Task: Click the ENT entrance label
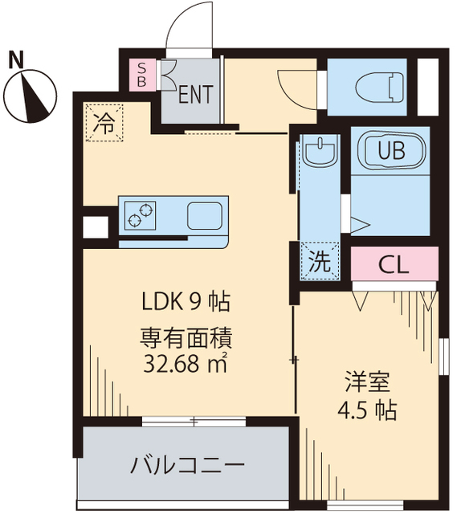(195, 94)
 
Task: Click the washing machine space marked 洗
(318, 260)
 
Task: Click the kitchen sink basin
(206, 215)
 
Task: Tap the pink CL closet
(395, 263)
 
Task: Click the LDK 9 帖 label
(186, 302)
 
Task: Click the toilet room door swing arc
(297, 87)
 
